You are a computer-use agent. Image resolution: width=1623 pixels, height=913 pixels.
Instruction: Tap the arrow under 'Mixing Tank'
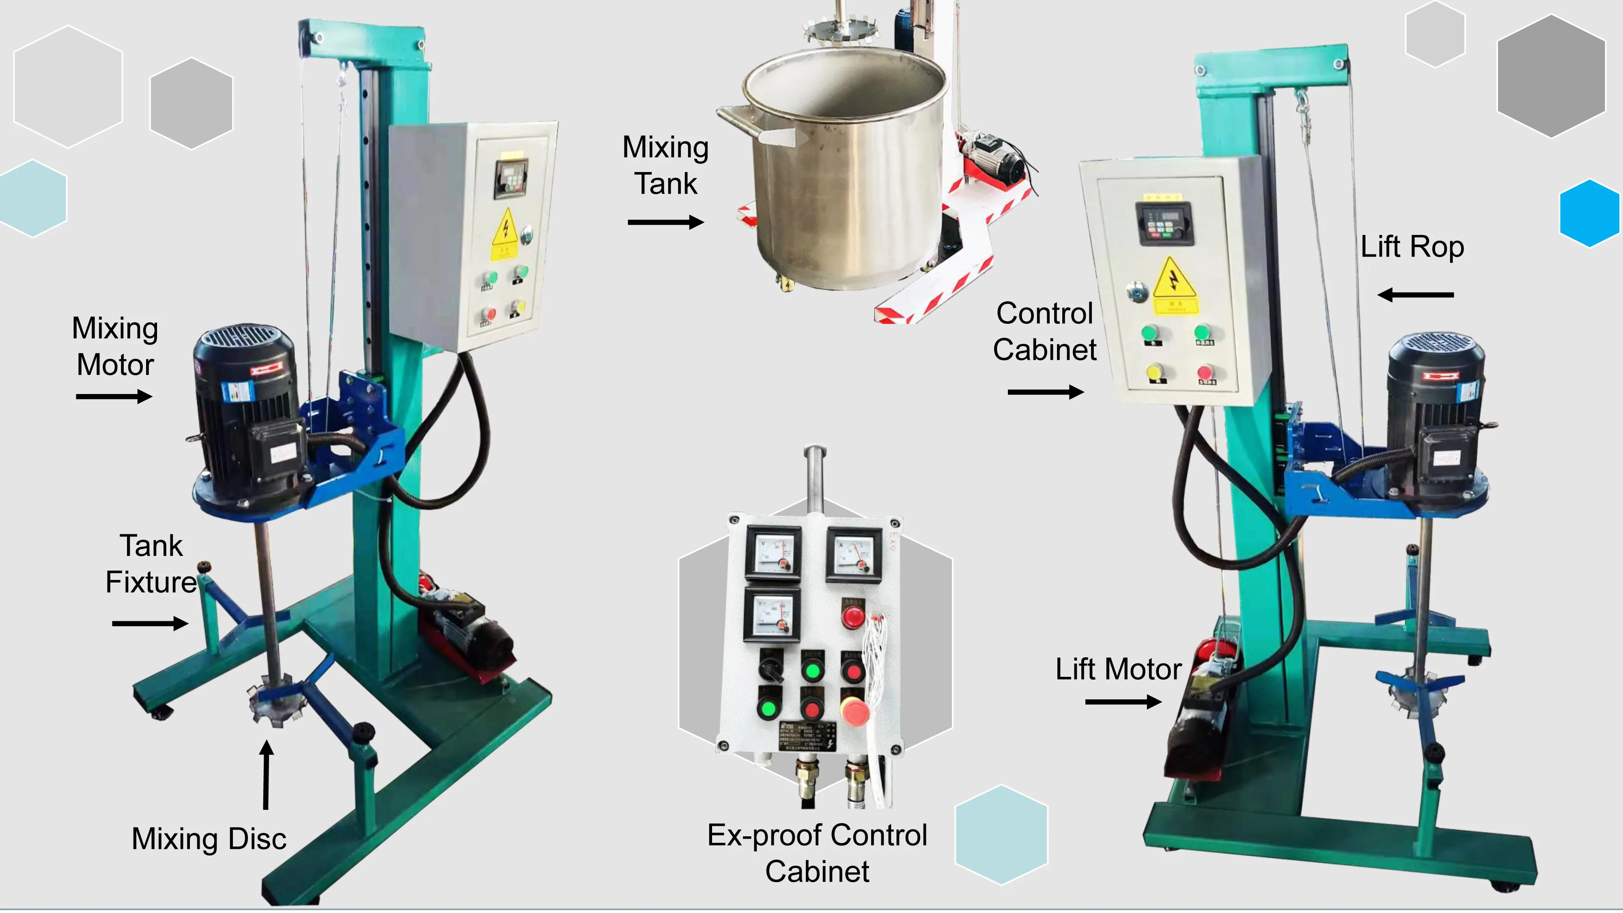pyautogui.click(x=665, y=222)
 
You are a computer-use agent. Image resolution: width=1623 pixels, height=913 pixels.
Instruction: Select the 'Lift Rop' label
pyautogui.click(x=1412, y=246)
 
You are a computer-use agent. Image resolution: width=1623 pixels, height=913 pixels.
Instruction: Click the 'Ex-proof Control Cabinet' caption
pyautogui.click(x=817, y=853)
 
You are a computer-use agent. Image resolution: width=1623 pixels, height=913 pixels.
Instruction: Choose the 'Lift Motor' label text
pyautogui.click(x=1118, y=669)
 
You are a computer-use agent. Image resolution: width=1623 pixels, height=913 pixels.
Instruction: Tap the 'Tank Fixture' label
pyautogui.click(x=151, y=564)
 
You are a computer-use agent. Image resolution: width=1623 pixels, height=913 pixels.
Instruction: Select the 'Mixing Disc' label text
pyautogui.click(x=209, y=839)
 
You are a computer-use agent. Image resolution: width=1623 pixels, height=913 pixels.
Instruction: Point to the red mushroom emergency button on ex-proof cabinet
pyautogui.click(x=854, y=712)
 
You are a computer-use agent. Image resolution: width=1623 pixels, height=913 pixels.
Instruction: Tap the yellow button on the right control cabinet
pyautogui.click(x=1154, y=371)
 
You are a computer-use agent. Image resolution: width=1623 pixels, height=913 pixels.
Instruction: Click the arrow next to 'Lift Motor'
pyautogui.click(x=1123, y=701)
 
